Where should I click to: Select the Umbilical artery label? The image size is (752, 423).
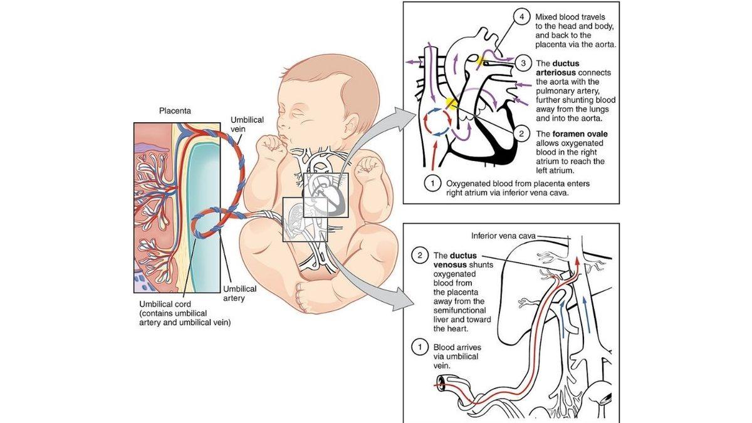click(240, 293)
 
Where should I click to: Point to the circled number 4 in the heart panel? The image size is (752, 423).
click(521, 17)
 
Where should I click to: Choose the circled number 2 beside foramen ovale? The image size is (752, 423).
click(521, 133)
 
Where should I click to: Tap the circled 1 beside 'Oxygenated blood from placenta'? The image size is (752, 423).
click(431, 184)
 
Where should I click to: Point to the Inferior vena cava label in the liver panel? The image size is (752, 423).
click(503, 236)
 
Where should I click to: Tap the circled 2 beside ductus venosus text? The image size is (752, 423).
click(419, 255)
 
